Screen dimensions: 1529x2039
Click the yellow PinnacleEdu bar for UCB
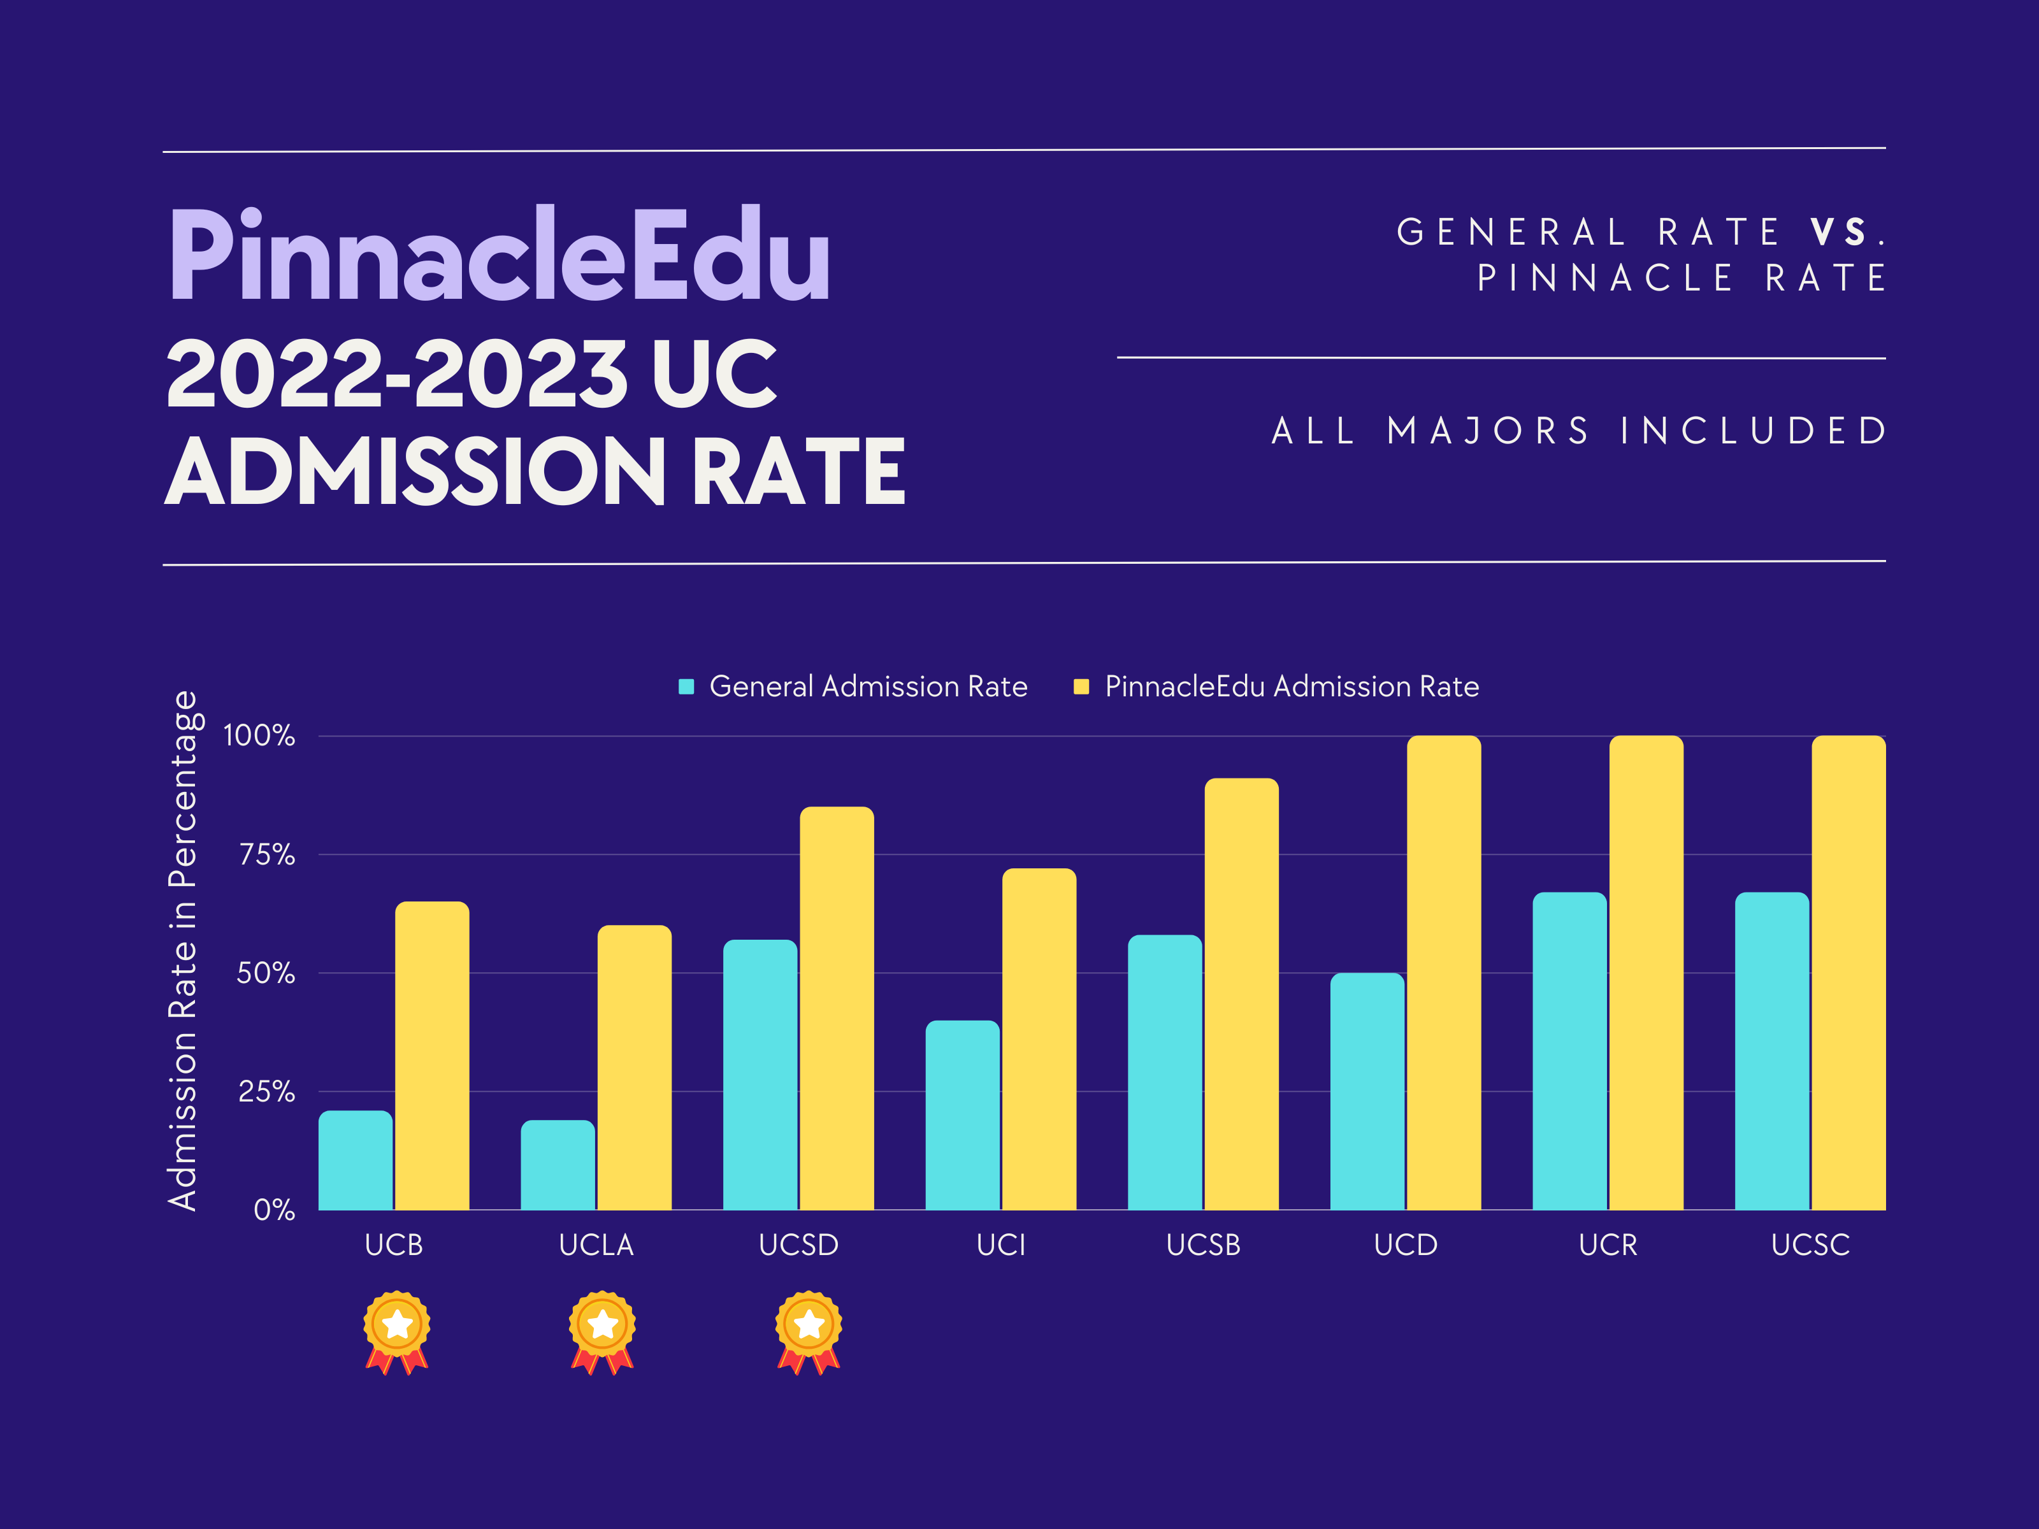(431, 1055)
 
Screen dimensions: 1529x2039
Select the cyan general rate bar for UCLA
(557, 1165)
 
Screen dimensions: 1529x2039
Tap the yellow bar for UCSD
(836, 1009)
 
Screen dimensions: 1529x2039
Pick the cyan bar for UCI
(962, 1115)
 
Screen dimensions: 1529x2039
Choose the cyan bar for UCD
(1367, 1091)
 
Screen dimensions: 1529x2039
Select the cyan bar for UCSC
(1771, 1051)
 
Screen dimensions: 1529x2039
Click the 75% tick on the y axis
(266, 855)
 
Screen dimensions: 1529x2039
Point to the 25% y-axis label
(266, 1092)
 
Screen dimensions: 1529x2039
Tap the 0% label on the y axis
(274, 1210)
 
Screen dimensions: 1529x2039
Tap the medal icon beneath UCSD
(809, 1332)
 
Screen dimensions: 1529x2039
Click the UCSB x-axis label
(1203, 1245)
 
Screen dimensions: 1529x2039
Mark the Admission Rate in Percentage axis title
(182, 949)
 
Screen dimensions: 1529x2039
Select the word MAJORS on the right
(1488, 431)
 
